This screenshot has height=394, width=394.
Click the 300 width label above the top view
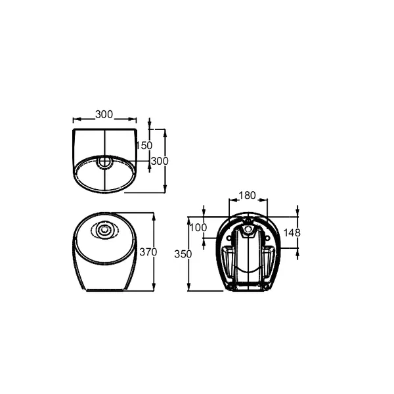pos(104,114)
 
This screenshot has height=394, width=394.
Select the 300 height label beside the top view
pos(160,161)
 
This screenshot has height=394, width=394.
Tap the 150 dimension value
pos(145,145)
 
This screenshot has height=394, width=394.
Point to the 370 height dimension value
pos(148,252)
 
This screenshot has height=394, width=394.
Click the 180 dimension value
pos(247,195)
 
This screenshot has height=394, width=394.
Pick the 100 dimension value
pos(198,228)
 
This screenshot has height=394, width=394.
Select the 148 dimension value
pos(293,232)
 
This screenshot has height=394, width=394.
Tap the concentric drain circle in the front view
pos(104,230)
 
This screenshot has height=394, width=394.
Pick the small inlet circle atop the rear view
pos(248,221)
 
